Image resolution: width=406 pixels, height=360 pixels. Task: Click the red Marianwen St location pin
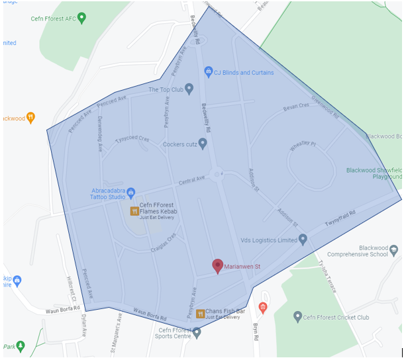coord(217,265)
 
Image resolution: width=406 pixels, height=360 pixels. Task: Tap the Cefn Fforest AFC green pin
coord(81,18)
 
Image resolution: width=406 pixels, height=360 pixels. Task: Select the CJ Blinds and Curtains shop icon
coord(208,71)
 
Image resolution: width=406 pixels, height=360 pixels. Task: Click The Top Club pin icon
coord(189,88)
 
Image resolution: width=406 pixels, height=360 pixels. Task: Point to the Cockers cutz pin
coord(203,143)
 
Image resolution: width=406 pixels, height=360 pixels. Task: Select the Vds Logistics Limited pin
coord(303,239)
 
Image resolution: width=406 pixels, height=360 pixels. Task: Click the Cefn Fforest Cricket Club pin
coord(298,317)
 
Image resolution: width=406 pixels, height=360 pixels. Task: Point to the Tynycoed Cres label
coord(132,140)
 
